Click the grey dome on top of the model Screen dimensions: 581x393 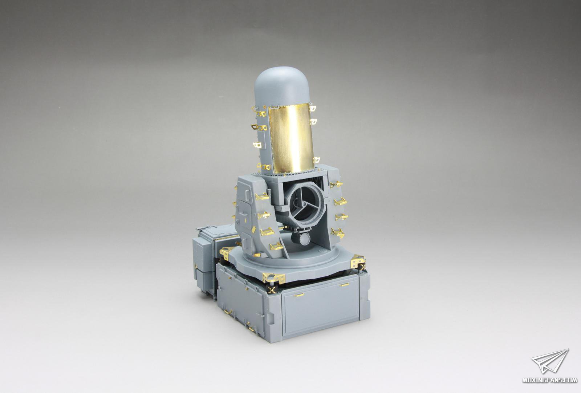tap(282, 87)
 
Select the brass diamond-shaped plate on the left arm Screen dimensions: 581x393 tap(253, 229)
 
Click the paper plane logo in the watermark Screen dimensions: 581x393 tap(550, 361)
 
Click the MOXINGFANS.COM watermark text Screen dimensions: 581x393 tap(550, 380)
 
